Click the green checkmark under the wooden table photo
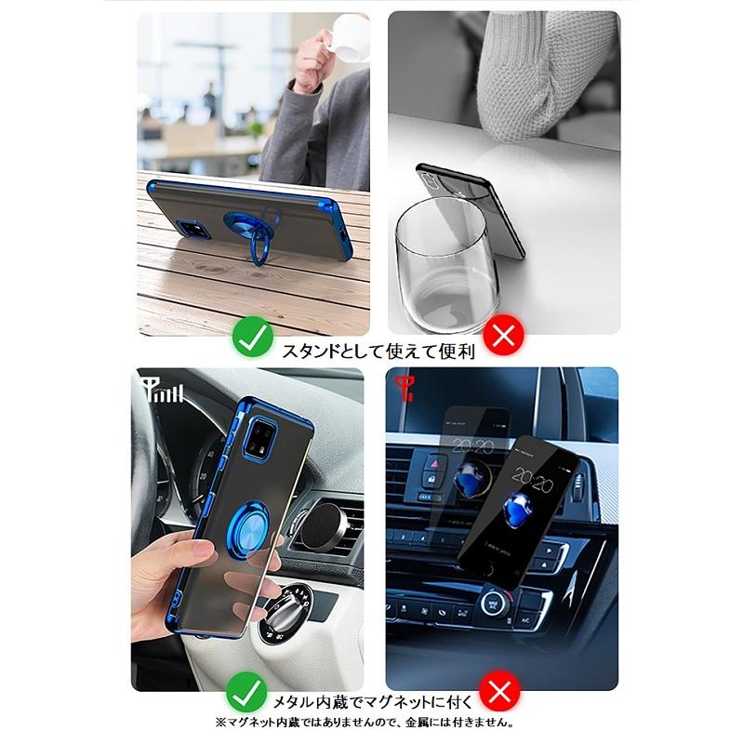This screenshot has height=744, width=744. (252, 337)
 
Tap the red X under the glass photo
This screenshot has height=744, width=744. (503, 336)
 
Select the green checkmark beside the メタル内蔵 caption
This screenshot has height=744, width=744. (246, 692)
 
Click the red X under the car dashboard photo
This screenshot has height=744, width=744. (499, 691)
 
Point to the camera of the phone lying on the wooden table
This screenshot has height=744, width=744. (193, 229)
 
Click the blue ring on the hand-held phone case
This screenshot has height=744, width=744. (247, 526)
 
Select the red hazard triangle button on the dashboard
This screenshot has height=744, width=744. (433, 462)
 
